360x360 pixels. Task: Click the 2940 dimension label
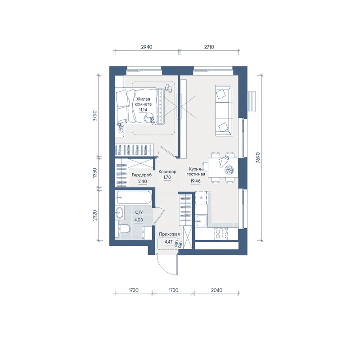(x=147, y=47)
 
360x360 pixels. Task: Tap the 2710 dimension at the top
(x=209, y=47)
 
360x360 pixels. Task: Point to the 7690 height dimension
(x=258, y=157)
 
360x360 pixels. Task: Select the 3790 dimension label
(x=95, y=116)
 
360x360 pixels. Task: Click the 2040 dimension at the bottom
(x=216, y=290)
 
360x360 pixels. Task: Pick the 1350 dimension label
(x=95, y=173)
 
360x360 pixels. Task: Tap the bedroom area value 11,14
(x=143, y=110)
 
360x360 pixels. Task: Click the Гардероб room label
(x=142, y=175)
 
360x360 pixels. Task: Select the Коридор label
(x=167, y=171)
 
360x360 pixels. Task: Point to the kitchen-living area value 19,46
(x=195, y=181)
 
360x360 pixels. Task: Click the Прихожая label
(x=169, y=234)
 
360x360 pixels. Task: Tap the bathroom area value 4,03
(x=139, y=220)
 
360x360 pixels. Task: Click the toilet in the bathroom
(x=123, y=229)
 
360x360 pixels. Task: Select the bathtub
(x=134, y=198)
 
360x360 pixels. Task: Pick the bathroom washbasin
(x=120, y=212)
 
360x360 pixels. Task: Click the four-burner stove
(x=221, y=234)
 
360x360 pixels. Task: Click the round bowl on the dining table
(x=229, y=170)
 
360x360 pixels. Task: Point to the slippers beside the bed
(x=168, y=88)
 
